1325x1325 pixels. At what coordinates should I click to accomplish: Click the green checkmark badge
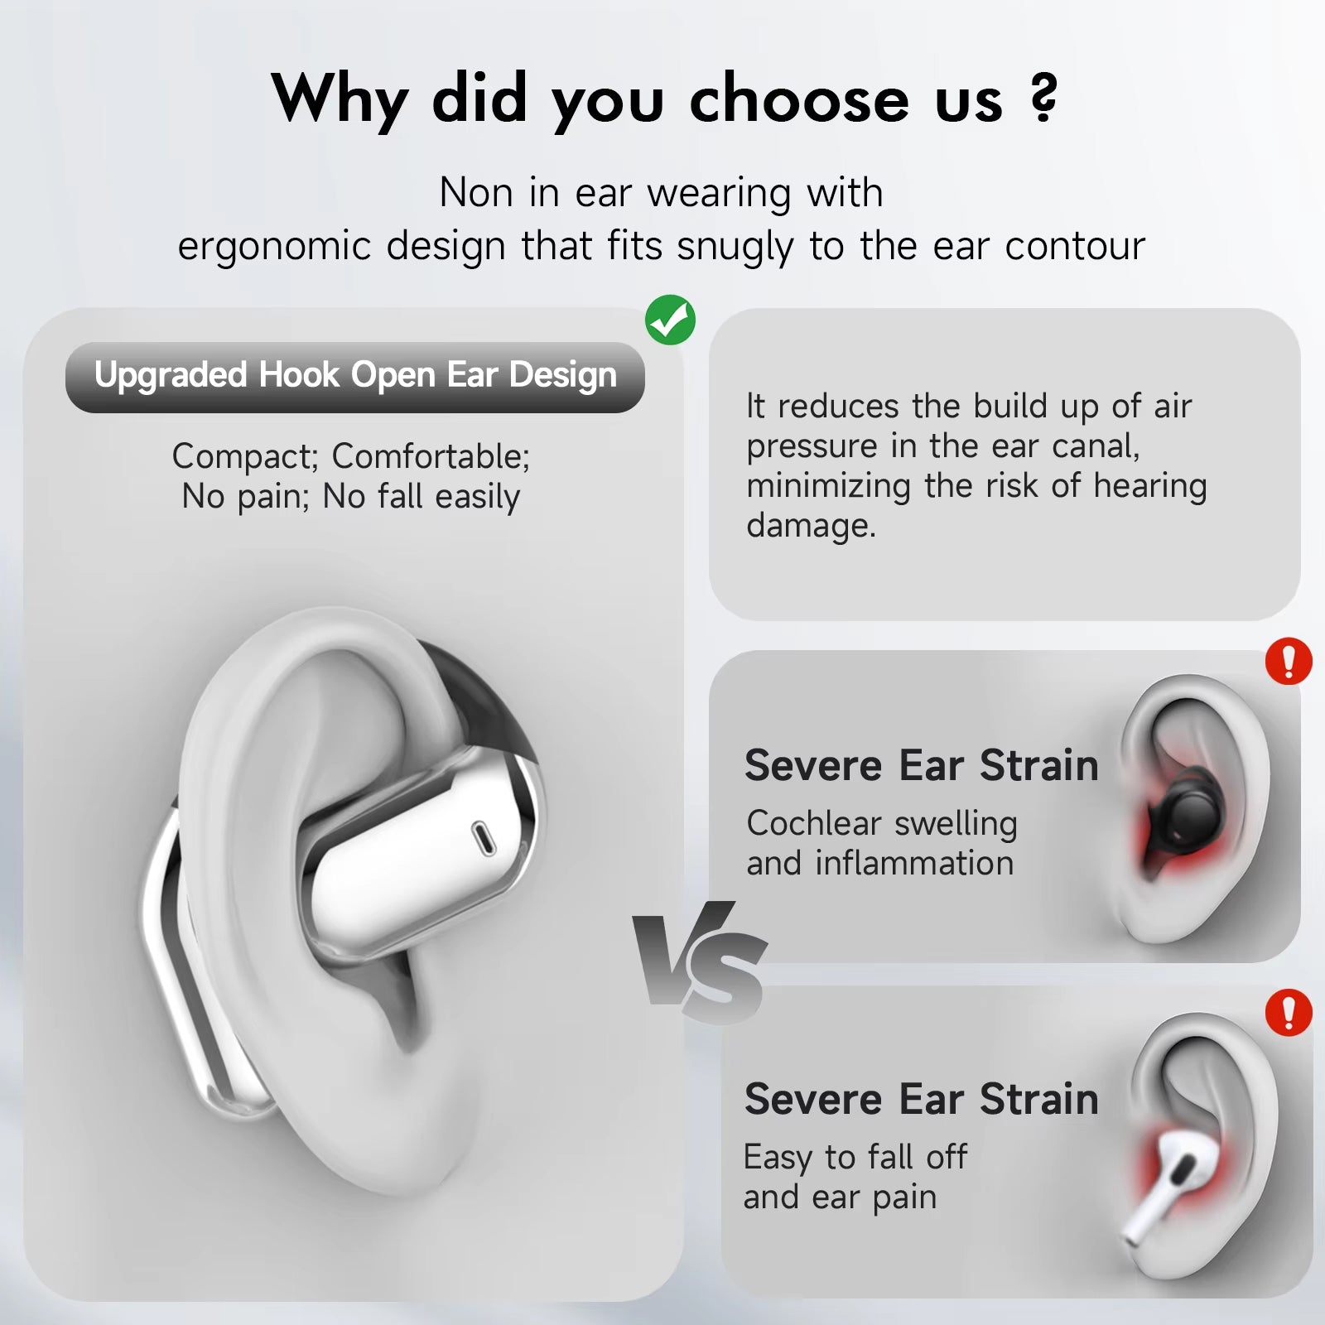tap(670, 320)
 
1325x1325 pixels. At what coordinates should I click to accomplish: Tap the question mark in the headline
tap(1044, 98)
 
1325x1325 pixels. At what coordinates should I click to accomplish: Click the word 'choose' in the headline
tap(799, 99)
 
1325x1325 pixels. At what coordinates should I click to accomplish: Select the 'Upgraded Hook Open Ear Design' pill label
tap(355, 377)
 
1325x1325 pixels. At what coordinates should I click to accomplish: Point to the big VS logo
tap(701, 961)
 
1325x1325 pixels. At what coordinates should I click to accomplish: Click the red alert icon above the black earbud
tap(1289, 662)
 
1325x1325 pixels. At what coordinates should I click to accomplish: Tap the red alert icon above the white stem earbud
tap(1289, 1013)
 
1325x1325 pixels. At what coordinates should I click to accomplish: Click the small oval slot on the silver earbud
tap(482, 838)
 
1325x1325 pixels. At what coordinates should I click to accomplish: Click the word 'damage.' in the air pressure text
tap(811, 525)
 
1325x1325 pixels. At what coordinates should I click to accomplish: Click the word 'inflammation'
tap(914, 863)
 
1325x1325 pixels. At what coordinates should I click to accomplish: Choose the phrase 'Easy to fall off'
tap(855, 1157)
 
